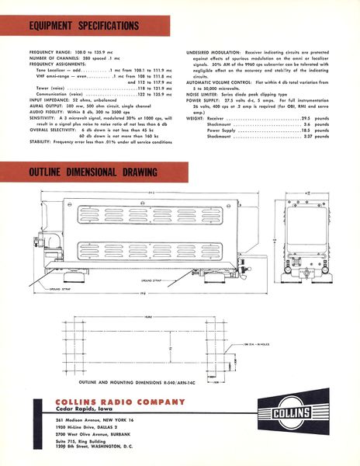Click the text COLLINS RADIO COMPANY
tap(109, 402)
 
